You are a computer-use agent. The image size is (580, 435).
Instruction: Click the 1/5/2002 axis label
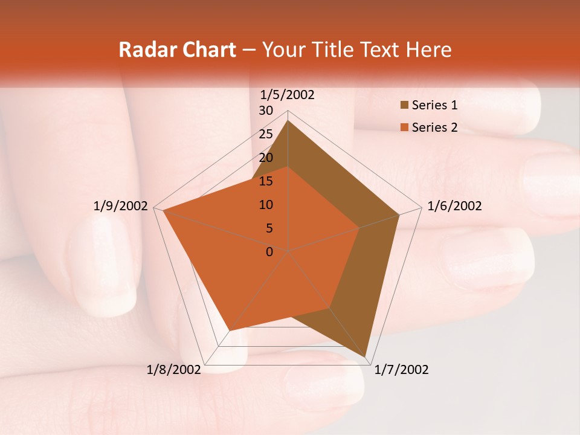288,94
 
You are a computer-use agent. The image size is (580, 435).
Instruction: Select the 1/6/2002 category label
454,206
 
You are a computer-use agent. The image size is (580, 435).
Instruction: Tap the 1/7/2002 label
401,370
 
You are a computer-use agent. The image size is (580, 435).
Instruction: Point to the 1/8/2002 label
174,370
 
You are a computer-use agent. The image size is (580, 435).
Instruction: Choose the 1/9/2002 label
121,206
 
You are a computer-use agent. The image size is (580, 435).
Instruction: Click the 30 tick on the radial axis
266,111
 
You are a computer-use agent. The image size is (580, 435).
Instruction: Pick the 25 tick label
266,134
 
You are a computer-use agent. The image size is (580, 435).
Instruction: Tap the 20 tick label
266,158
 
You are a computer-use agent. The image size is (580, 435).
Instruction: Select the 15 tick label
266,181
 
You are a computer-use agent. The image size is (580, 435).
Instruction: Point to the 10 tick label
266,205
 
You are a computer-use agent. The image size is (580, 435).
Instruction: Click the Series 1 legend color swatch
404,106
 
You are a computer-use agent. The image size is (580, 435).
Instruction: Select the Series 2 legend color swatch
404,127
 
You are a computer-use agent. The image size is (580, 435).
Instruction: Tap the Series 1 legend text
434,106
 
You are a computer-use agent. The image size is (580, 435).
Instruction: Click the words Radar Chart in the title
176,50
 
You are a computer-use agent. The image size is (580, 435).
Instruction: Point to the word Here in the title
429,50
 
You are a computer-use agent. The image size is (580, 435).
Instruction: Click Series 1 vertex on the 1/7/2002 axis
366,357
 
